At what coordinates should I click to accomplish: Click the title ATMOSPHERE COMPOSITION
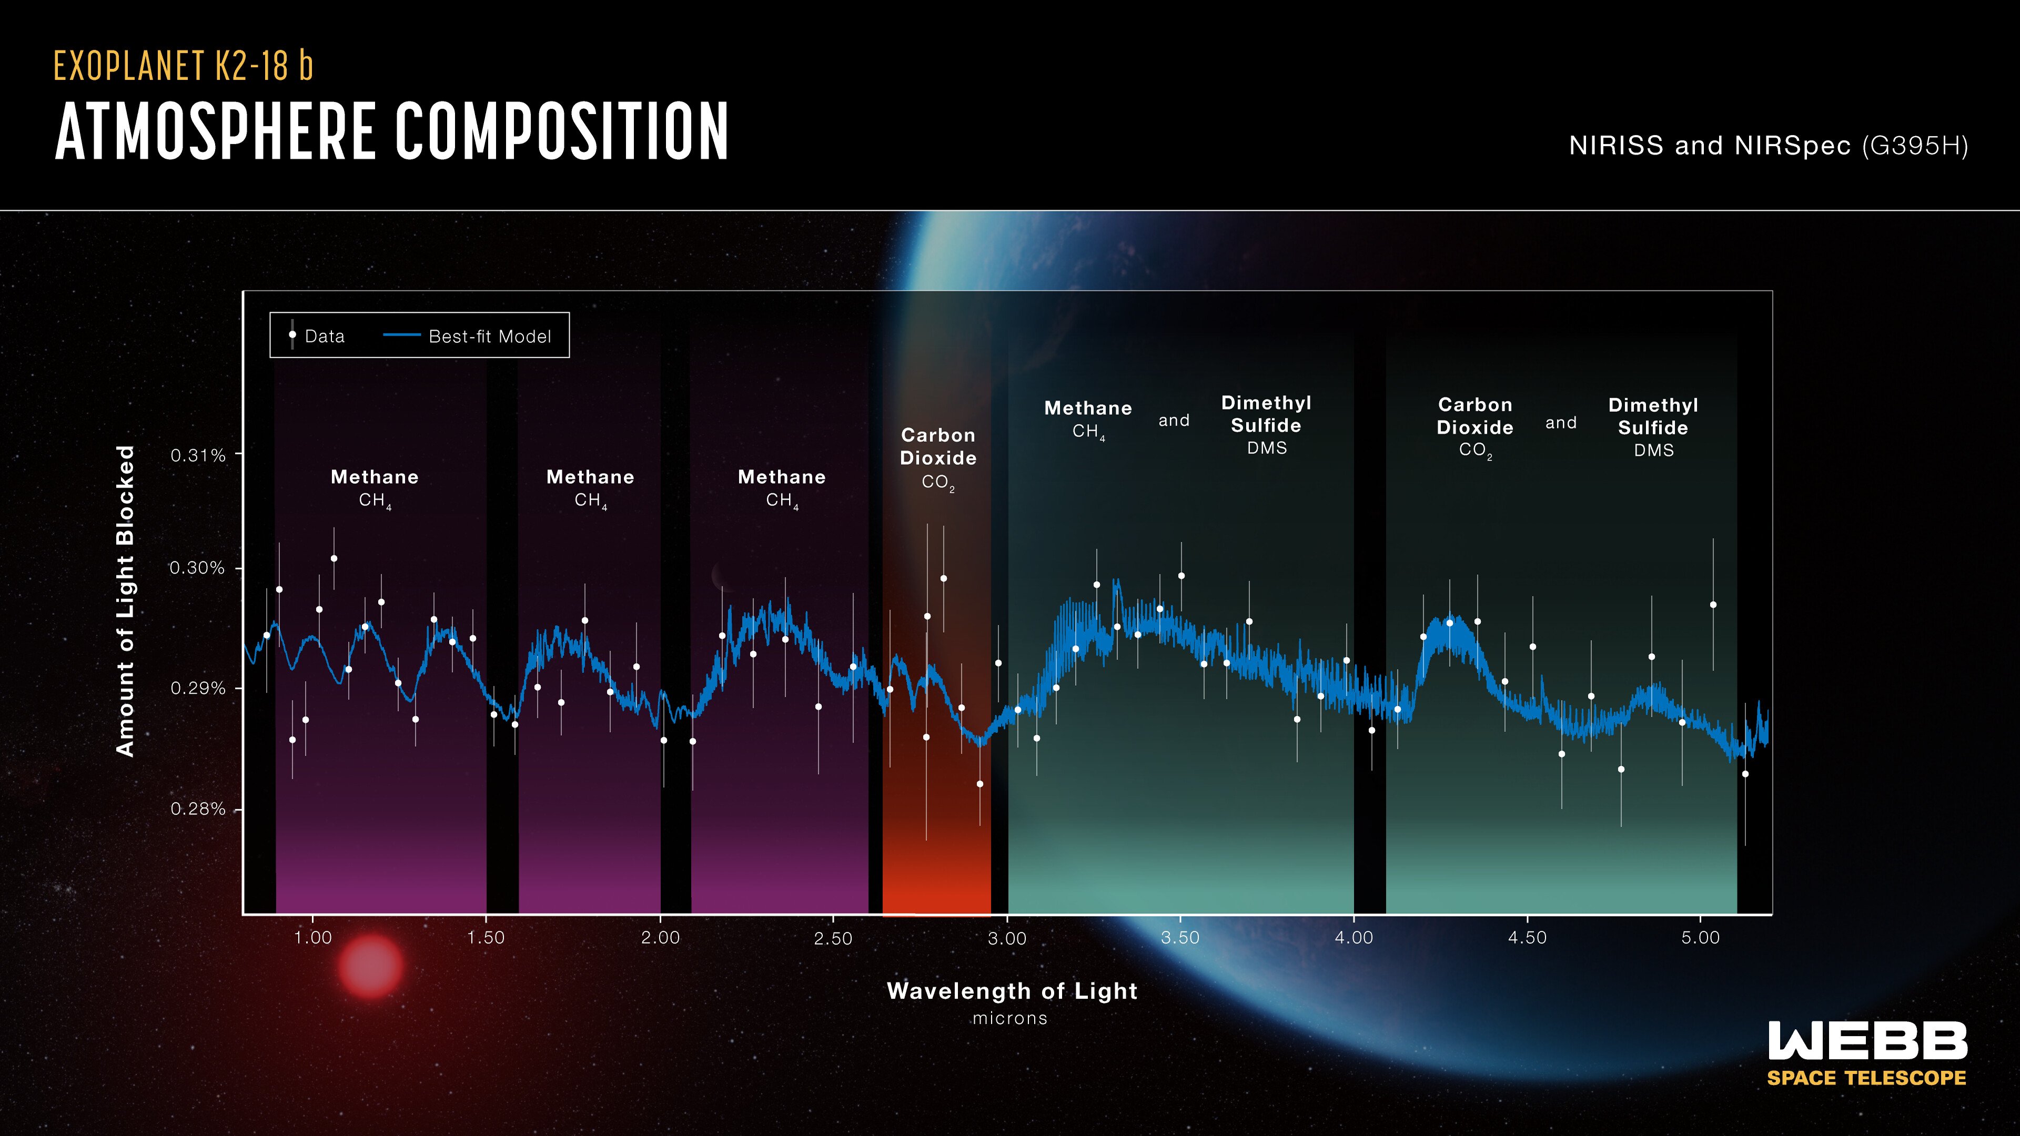pyautogui.click(x=392, y=131)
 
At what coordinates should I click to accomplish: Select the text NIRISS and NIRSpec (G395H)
pyautogui.click(x=1768, y=146)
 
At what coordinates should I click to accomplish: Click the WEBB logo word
pyautogui.click(x=1867, y=1041)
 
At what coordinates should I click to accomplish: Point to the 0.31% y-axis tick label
pyautogui.click(x=198, y=455)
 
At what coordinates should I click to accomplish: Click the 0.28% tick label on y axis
pyautogui.click(x=198, y=809)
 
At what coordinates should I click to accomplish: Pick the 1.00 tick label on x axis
pyautogui.click(x=313, y=938)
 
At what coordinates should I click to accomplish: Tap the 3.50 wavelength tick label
pyautogui.click(x=1180, y=938)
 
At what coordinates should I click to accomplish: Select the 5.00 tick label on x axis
pyautogui.click(x=1700, y=938)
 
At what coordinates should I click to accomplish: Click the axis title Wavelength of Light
pyautogui.click(x=1012, y=991)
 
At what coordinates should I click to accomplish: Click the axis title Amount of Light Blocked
pyautogui.click(x=126, y=601)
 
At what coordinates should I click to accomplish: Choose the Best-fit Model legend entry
pyautogui.click(x=489, y=337)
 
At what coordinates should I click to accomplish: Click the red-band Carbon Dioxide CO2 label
pyautogui.click(x=938, y=458)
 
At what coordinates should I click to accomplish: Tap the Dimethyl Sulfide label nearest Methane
pyautogui.click(x=1266, y=425)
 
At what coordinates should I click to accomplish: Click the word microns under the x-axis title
pyautogui.click(x=1010, y=1018)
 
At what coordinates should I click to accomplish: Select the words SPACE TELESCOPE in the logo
pyautogui.click(x=1866, y=1078)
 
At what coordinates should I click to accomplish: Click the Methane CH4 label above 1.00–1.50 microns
pyautogui.click(x=375, y=488)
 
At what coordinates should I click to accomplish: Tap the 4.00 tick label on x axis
pyautogui.click(x=1354, y=938)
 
